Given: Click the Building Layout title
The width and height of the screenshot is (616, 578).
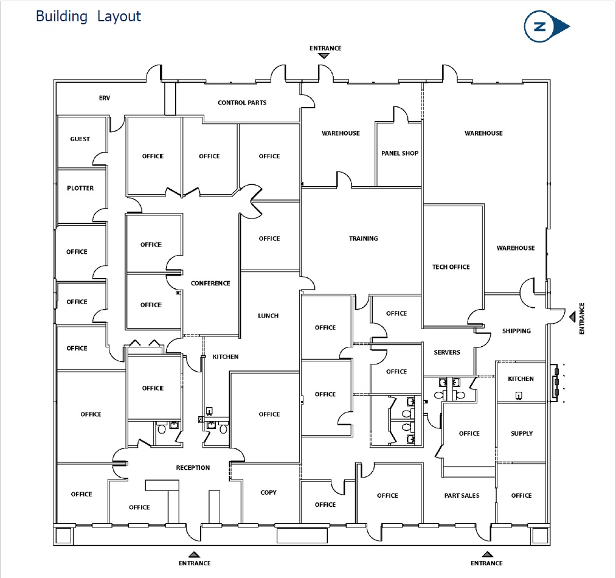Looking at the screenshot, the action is pos(88,16).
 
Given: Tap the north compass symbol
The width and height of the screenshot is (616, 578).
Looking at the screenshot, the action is pos(547,26).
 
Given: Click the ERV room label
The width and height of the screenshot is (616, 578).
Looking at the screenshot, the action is pos(105,98).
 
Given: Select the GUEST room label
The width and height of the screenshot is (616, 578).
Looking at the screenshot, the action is pos(80,139).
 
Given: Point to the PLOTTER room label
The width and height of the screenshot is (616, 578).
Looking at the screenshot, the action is pos(80,188).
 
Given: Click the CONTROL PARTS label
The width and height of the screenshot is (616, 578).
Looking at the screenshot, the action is pos(242,103).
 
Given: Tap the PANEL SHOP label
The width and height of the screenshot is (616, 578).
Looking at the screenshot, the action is pos(400,153).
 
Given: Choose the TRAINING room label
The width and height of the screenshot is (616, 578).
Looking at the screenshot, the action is pos(364,239).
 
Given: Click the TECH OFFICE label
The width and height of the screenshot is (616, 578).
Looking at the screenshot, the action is pos(451,266).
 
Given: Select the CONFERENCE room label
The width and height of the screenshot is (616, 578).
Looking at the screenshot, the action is pos(210,283).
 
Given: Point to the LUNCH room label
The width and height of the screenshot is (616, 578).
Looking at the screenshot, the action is pos(268,316).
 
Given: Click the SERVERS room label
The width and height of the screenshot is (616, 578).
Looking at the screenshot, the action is pos(447,352).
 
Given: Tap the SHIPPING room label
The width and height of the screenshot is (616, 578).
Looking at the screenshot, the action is pos(517,331).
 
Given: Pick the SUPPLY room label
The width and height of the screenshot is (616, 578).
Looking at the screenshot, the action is pos(522,433).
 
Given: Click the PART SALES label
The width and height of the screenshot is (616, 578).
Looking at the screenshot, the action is pos(462,495).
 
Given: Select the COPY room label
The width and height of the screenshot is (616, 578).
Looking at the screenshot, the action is pos(268,492).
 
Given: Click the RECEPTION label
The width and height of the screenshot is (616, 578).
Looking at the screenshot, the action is pos(193,467).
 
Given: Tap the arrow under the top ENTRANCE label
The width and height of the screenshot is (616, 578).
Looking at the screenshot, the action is pos(324,56).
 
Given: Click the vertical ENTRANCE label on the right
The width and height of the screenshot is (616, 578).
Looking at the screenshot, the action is pos(582,318).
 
